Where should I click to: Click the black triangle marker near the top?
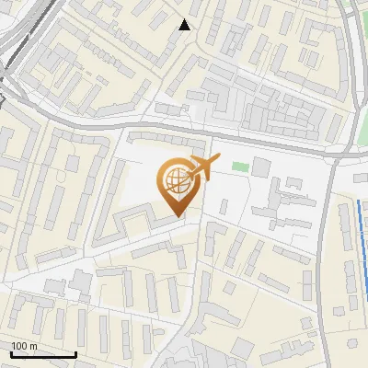tap(185, 25)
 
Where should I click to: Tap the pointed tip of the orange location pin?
tap(178, 217)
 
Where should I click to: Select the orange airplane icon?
tap(202, 167)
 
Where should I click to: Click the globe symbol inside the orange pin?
tap(175, 181)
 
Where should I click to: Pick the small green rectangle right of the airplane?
tap(240, 167)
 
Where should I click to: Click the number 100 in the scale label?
tap(20, 347)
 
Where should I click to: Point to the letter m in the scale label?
tap(34, 347)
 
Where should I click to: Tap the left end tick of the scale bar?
tap(11, 354)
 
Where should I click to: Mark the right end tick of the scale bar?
tap(75, 354)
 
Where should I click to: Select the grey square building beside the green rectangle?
tap(261, 167)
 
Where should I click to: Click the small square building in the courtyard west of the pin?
tap(81, 279)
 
